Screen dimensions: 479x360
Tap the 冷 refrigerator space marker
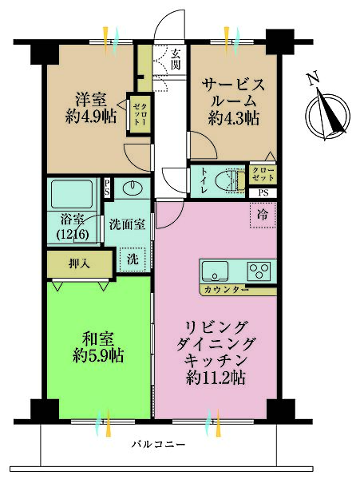tap(262, 214)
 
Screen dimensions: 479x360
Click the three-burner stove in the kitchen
tap(259, 269)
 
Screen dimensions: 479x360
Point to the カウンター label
tap(224, 289)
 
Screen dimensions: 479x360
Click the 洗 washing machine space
tap(132, 258)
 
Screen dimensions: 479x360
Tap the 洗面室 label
tap(127, 225)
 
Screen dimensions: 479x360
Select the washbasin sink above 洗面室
tap(131, 189)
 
